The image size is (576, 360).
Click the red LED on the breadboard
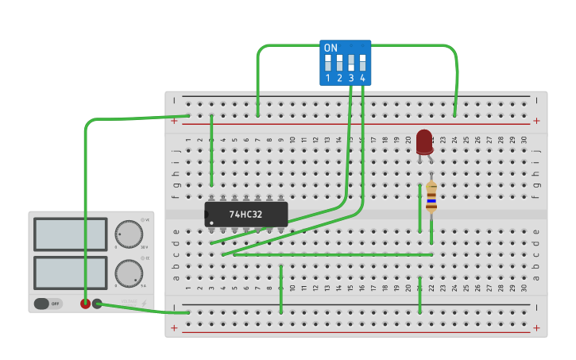[424, 141]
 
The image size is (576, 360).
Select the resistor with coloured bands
[431, 197]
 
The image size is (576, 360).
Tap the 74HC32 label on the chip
[246, 215]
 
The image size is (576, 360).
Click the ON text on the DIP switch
[331, 48]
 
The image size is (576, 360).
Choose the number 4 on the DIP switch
[362, 78]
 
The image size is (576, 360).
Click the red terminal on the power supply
[85, 304]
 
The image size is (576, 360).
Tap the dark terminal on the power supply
[97, 304]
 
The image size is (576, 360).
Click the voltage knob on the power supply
[129, 234]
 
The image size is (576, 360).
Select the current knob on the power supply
[129, 273]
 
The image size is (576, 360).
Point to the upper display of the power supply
[70, 234]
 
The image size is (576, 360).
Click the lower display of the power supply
[70, 273]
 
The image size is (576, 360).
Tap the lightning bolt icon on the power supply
[144, 304]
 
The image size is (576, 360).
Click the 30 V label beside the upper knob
[145, 247]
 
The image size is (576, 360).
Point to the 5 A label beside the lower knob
[145, 285]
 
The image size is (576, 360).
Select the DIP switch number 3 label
[350, 78]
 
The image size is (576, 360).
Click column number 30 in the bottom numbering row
[524, 288]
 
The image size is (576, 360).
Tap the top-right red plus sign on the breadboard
[536, 121]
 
